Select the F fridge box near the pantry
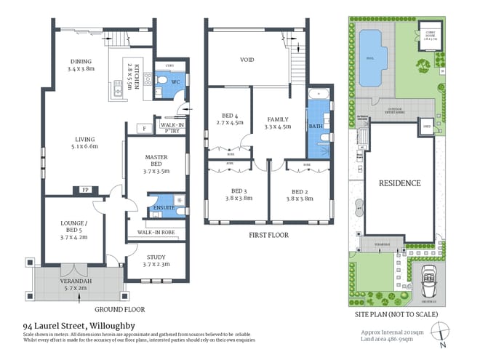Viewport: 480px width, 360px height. click(x=145, y=129)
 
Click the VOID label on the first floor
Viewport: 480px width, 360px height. click(x=247, y=60)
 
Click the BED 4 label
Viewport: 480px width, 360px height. click(x=231, y=119)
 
